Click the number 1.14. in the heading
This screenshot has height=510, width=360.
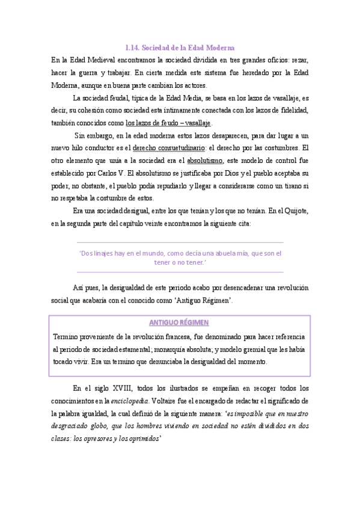coord(132,47)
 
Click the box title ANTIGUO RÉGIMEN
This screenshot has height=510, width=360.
coord(179,322)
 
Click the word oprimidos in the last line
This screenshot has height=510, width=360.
coord(141,438)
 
